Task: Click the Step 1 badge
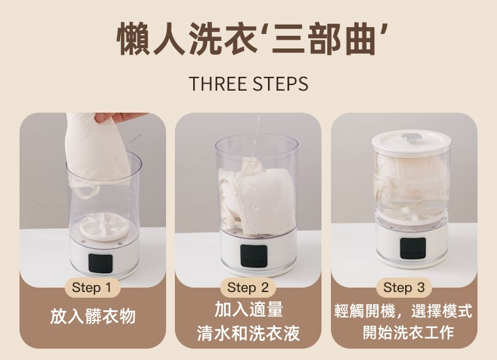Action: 92,288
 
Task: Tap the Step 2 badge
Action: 248,288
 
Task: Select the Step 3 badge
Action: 404,288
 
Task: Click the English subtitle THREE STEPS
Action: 248,84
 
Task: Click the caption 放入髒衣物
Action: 93,316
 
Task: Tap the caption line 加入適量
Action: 248,310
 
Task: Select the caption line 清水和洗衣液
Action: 248,333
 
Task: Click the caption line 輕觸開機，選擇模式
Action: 403,311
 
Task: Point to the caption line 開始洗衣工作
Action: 408,332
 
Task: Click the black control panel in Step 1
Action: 101,263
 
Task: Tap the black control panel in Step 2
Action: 253,256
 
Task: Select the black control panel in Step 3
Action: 413,248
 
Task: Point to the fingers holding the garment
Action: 119,117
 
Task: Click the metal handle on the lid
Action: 411,137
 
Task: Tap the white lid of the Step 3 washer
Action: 411,143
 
